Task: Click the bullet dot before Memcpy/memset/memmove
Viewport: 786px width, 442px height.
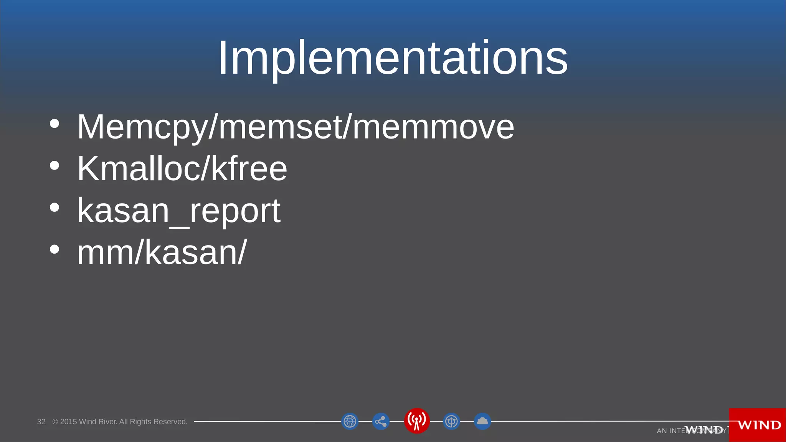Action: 55,124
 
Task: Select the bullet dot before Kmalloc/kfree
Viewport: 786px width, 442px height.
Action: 55,165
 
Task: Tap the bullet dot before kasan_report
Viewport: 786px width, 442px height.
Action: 55,207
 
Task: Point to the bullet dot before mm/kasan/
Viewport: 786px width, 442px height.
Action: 55,249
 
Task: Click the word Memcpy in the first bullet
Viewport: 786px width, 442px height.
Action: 142,127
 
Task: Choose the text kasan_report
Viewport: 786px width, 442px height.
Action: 179,211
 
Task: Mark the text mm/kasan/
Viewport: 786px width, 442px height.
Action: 162,252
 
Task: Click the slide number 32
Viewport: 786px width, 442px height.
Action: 41,422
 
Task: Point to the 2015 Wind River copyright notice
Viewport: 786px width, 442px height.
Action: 120,422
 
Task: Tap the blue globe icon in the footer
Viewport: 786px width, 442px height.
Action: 350,421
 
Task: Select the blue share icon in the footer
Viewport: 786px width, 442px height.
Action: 381,421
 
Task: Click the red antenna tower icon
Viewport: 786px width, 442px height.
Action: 417,421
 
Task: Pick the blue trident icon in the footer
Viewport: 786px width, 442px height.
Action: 451,421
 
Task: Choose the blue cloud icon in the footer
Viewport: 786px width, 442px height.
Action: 482,421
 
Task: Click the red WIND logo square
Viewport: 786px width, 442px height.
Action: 758,425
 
